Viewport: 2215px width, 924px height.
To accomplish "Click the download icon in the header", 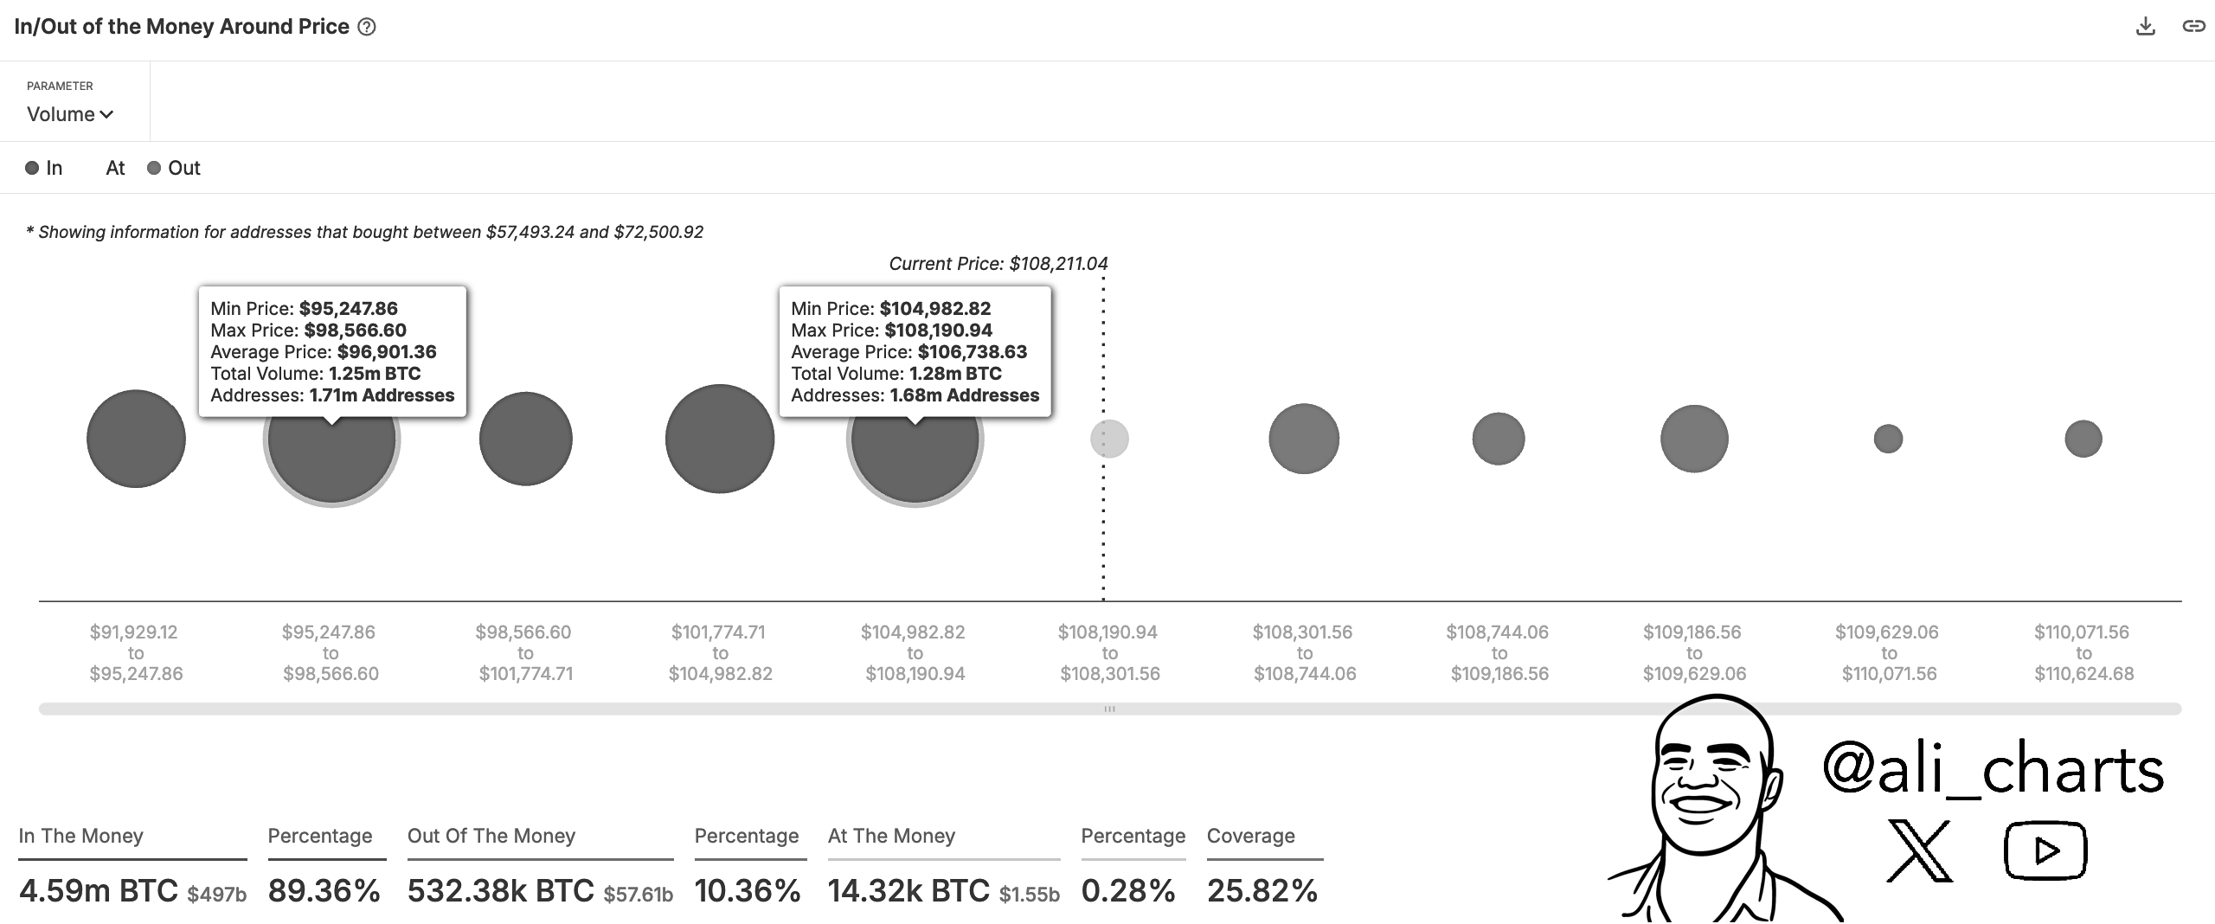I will tap(2145, 27).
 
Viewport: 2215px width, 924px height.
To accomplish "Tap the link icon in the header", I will tap(2193, 27).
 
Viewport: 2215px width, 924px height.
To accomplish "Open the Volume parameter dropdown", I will tap(70, 114).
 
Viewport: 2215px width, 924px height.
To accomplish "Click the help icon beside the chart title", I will tap(367, 27).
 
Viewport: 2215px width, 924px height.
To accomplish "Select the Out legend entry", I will tap(174, 168).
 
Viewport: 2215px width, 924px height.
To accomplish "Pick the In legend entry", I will tap(44, 168).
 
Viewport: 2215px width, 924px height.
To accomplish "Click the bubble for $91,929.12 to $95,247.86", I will tap(136, 439).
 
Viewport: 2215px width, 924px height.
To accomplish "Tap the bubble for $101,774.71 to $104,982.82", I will tap(720, 439).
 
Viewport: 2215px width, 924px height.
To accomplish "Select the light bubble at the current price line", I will tap(1109, 439).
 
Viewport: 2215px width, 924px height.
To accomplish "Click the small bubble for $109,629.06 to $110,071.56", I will tap(1888, 439).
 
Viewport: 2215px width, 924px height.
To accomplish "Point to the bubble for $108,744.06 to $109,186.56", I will tap(1499, 439).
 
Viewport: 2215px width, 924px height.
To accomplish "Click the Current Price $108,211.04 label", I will tap(998, 264).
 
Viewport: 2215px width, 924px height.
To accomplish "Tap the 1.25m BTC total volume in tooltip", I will tap(375, 374).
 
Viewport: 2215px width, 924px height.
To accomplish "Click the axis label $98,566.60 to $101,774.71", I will tap(525, 653).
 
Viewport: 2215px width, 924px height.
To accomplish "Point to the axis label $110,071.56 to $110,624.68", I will tap(2083, 653).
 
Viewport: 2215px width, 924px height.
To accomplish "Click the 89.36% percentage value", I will tap(324, 890).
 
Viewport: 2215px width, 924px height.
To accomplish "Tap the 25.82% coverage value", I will tap(1262, 890).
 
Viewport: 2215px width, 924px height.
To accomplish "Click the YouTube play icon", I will tap(2045, 850).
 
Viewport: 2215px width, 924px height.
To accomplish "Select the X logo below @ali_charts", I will tap(1919, 850).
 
